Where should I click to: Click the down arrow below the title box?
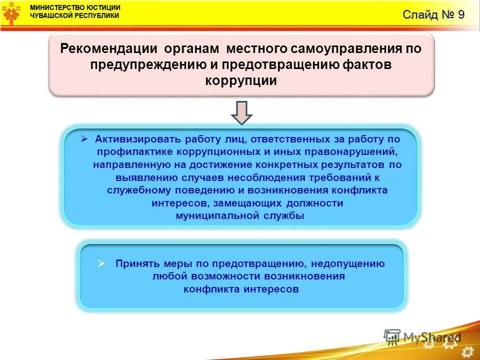(241, 112)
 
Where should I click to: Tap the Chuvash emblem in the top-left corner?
(12, 14)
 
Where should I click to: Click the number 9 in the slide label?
(460, 14)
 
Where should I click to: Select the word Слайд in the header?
(419, 14)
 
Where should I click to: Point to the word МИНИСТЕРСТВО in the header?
(57, 7)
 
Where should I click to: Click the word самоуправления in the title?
(350, 49)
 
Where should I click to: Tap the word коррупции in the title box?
(241, 81)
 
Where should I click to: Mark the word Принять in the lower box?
(137, 263)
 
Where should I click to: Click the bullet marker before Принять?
(101, 263)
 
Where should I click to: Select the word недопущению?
(348, 263)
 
